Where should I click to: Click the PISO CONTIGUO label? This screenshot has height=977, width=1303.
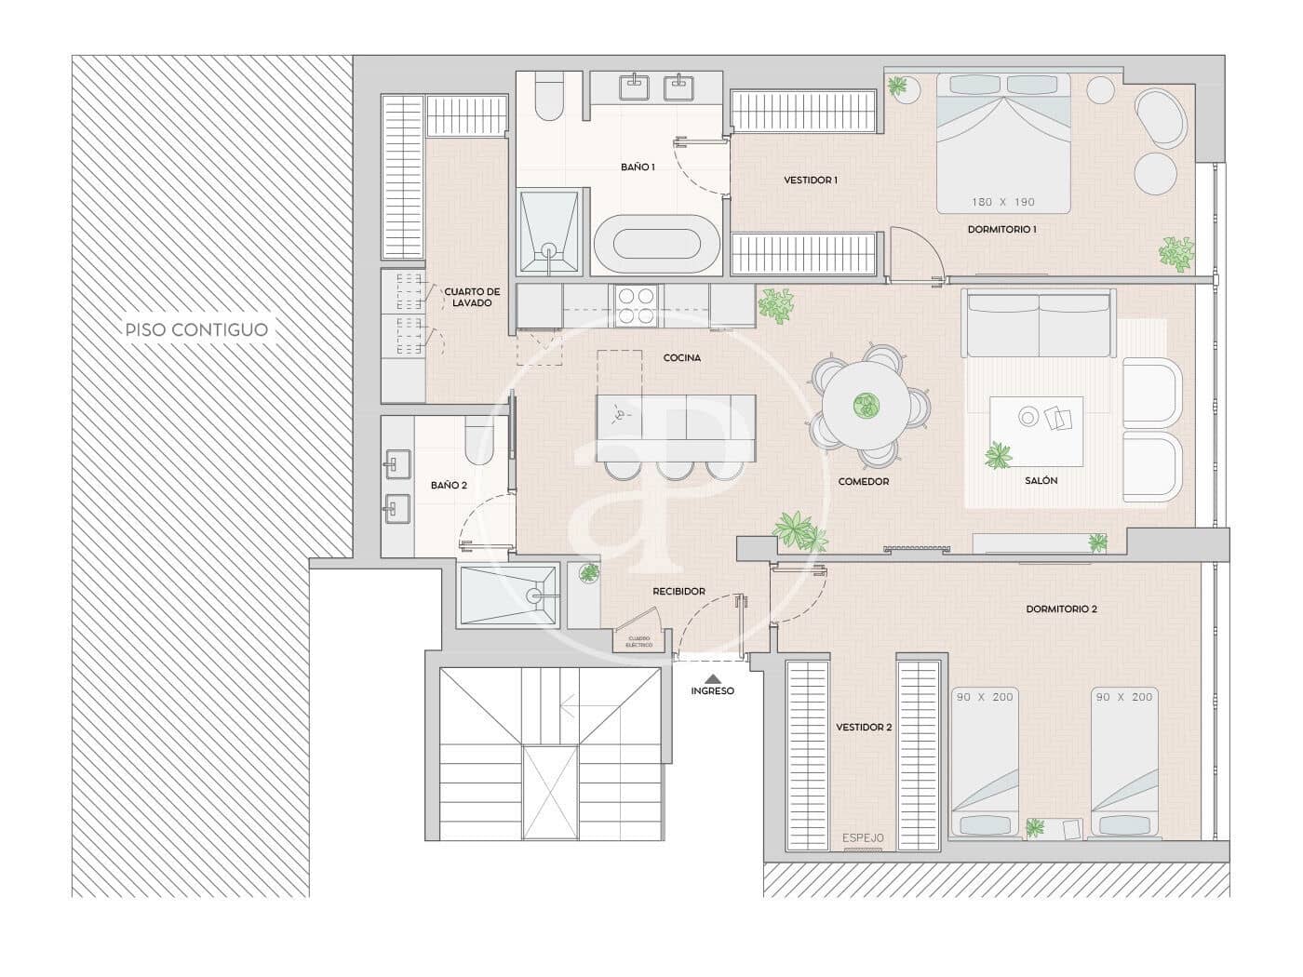197,329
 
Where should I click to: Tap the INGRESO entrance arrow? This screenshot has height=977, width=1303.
713,678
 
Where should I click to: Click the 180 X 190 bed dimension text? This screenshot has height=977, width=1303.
1002,202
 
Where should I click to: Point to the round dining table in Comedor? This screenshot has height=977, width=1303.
867,405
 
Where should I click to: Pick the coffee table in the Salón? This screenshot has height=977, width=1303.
1036,430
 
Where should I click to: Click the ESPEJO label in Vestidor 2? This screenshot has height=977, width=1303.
863,838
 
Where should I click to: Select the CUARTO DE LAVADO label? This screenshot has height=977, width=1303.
471,297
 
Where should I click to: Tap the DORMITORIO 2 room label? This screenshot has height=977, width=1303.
1061,609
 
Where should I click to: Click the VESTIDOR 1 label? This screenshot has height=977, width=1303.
810,181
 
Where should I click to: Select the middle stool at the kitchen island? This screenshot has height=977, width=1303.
672,469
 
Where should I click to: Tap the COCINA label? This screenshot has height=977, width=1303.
681,358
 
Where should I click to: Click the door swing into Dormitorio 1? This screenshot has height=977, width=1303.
917,254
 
